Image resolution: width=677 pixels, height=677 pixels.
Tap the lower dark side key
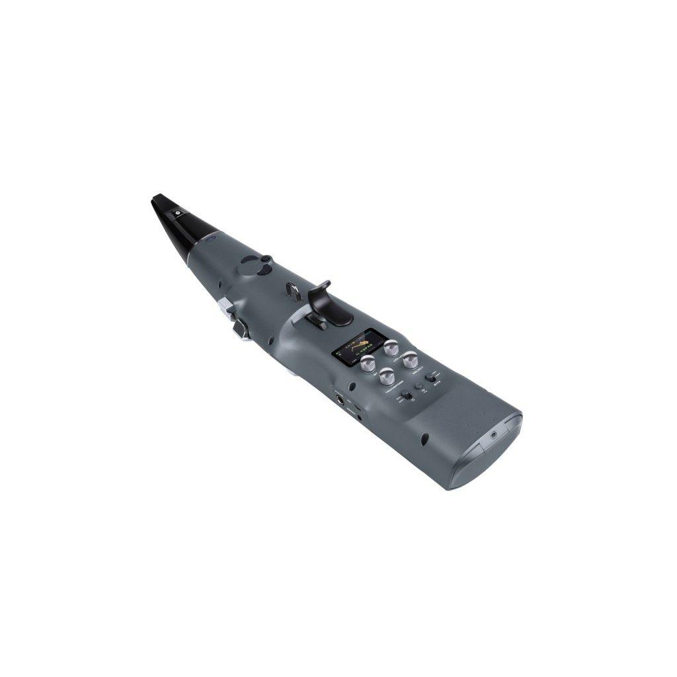(239, 328)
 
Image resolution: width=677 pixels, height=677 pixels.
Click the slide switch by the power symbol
(407, 396)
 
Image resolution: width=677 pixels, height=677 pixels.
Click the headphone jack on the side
(341, 399)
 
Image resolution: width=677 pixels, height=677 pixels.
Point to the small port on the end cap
(493, 436)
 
